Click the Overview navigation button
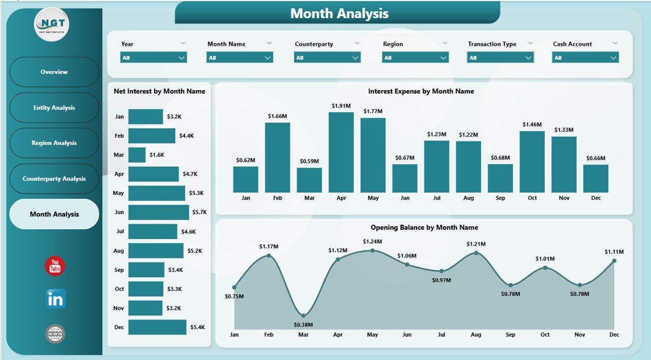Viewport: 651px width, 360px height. (54, 72)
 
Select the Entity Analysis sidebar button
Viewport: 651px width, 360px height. (54, 107)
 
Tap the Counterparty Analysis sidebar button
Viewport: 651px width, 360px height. (54, 178)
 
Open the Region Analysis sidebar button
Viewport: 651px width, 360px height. (54, 143)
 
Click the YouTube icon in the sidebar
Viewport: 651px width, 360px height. (55, 266)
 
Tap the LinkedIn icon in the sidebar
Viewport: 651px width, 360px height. (55, 299)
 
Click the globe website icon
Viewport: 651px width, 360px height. (55, 334)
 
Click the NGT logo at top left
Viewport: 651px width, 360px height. (51, 24)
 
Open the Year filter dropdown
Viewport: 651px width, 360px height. (154, 58)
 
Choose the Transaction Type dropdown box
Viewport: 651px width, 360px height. (500, 58)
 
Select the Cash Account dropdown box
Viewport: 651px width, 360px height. (585, 58)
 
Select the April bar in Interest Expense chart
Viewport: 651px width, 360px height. (341, 152)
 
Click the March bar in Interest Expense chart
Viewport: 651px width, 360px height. (309, 180)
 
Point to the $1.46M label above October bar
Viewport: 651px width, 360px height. (532, 125)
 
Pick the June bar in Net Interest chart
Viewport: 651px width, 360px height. (158, 212)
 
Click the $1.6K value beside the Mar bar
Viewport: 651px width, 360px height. (157, 155)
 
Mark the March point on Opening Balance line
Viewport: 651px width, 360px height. (303, 316)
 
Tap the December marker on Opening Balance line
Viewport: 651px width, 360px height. (614, 261)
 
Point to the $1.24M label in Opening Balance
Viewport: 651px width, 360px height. (372, 242)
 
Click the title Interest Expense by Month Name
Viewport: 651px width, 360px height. (421, 92)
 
